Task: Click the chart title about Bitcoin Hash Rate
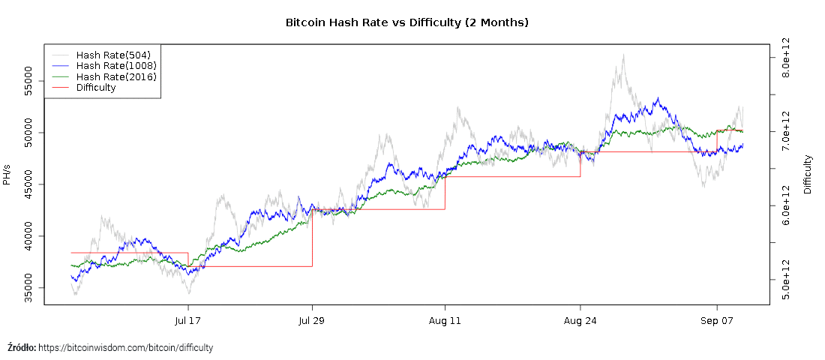coord(407,22)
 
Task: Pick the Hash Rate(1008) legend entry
coord(116,66)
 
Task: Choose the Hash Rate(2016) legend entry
coord(116,76)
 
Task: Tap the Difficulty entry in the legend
coord(96,87)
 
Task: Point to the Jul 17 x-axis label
coord(187,321)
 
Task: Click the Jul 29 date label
coord(312,321)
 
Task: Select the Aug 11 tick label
coord(445,321)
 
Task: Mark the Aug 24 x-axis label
coord(580,321)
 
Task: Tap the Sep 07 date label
coord(717,321)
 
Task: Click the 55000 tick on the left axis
coord(28,81)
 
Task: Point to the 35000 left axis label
coord(28,288)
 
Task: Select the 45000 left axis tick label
coord(28,184)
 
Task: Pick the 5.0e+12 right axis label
coord(786,280)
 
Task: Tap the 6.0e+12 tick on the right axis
coord(786,205)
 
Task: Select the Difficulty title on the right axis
coord(808,174)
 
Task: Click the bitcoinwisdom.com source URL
coord(125,348)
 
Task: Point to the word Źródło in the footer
coord(21,348)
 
